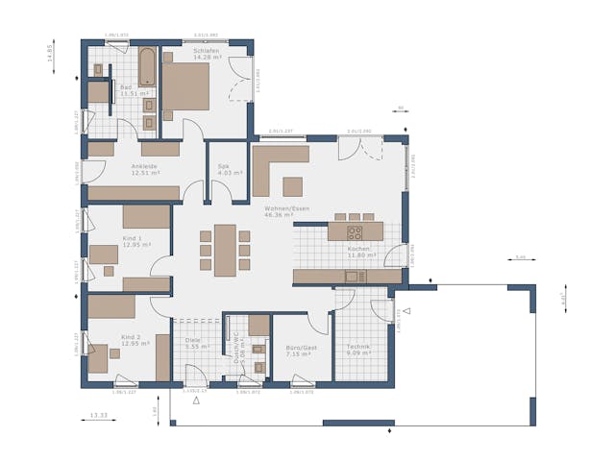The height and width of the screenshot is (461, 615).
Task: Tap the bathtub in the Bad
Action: coord(147,67)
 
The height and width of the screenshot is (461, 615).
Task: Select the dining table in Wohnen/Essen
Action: coord(225,249)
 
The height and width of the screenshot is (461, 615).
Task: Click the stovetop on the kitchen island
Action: coord(354,231)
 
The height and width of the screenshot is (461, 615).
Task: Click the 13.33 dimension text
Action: coord(98,416)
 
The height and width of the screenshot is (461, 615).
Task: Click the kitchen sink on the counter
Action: coord(351,277)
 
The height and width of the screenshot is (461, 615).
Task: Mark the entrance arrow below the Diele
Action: coord(197,400)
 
